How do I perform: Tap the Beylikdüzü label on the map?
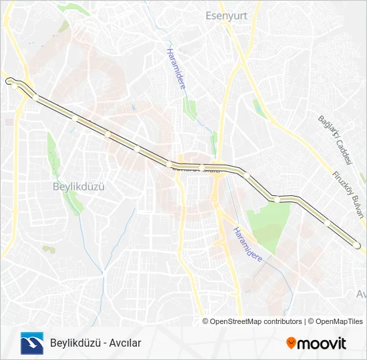[x=79, y=187]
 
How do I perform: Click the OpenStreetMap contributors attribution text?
[x=256, y=321]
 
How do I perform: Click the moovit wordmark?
[x=322, y=343]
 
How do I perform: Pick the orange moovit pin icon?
[x=291, y=343]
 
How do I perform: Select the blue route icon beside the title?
[x=31, y=343]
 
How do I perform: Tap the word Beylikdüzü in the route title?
[x=72, y=343]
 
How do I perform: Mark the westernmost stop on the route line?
[x=13, y=85]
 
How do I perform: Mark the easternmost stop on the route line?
[x=358, y=246]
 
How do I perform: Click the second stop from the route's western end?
[x=35, y=98]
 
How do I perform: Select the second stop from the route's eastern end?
[x=327, y=223]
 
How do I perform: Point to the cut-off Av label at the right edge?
[x=362, y=293]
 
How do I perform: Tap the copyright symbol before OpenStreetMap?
[x=206, y=321]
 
